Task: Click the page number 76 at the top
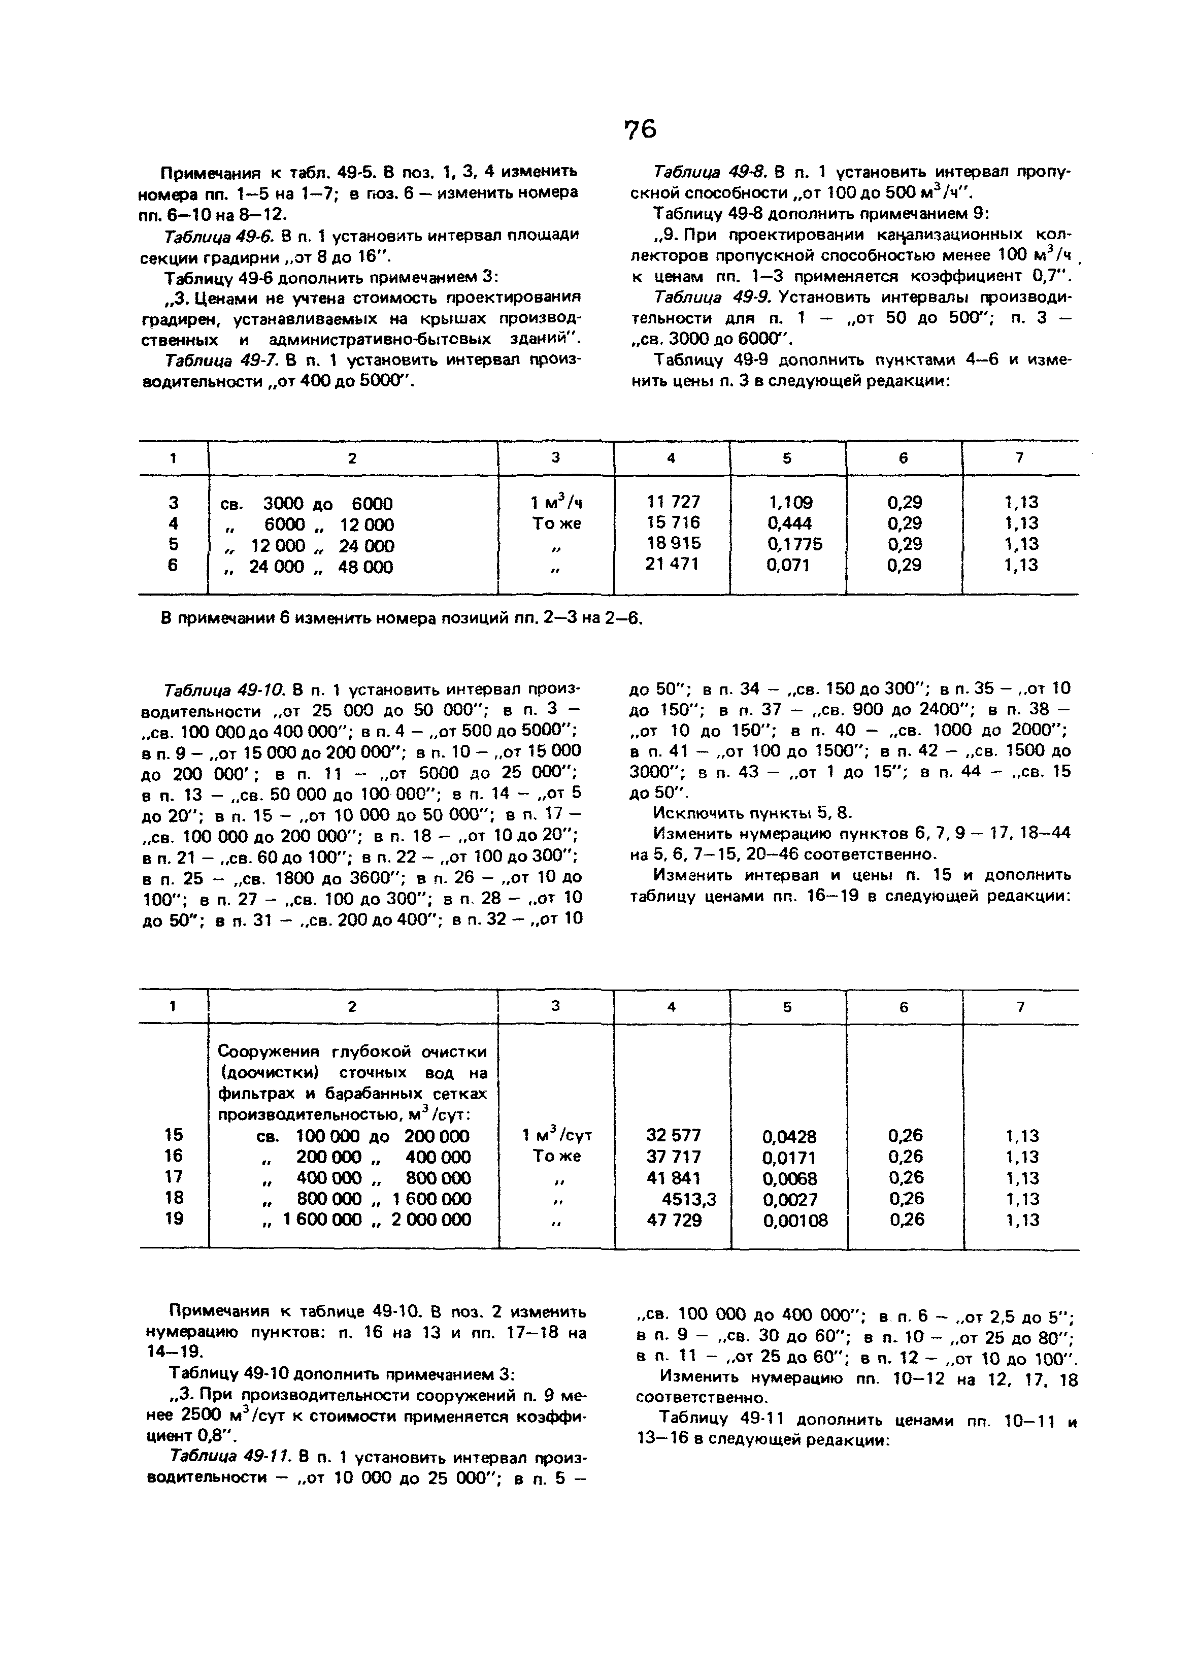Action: click(640, 130)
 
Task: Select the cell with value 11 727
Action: click(673, 502)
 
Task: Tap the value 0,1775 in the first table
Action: click(794, 544)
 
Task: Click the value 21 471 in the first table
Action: click(673, 564)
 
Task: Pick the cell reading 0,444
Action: click(789, 523)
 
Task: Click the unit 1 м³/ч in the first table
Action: click(557, 503)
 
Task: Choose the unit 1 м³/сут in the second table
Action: click(557, 1136)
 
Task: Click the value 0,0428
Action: click(789, 1136)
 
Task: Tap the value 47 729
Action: click(673, 1220)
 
